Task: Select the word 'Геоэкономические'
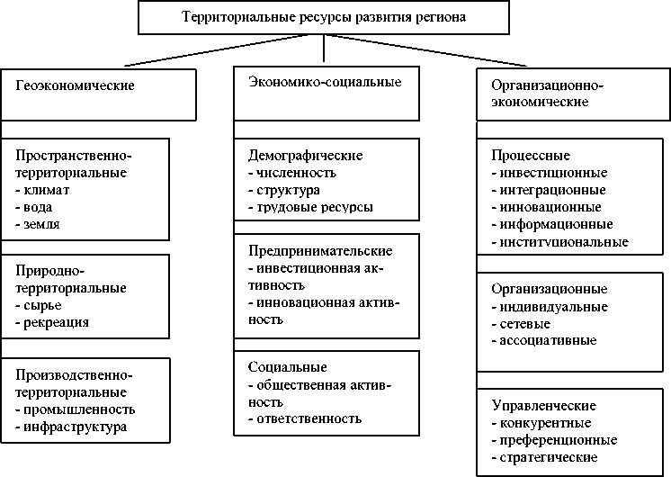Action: tap(75, 86)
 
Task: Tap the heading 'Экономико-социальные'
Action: tap(324, 82)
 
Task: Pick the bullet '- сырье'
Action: tap(40, 305)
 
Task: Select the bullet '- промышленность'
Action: tap(76, 409)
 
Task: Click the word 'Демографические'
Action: tap(292, 155)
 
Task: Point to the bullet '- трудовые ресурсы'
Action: tap(309, 206)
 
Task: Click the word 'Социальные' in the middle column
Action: tap(287, 367)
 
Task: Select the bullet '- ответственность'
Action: tap(304, 418)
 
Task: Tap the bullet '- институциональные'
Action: tap(560, 241)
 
